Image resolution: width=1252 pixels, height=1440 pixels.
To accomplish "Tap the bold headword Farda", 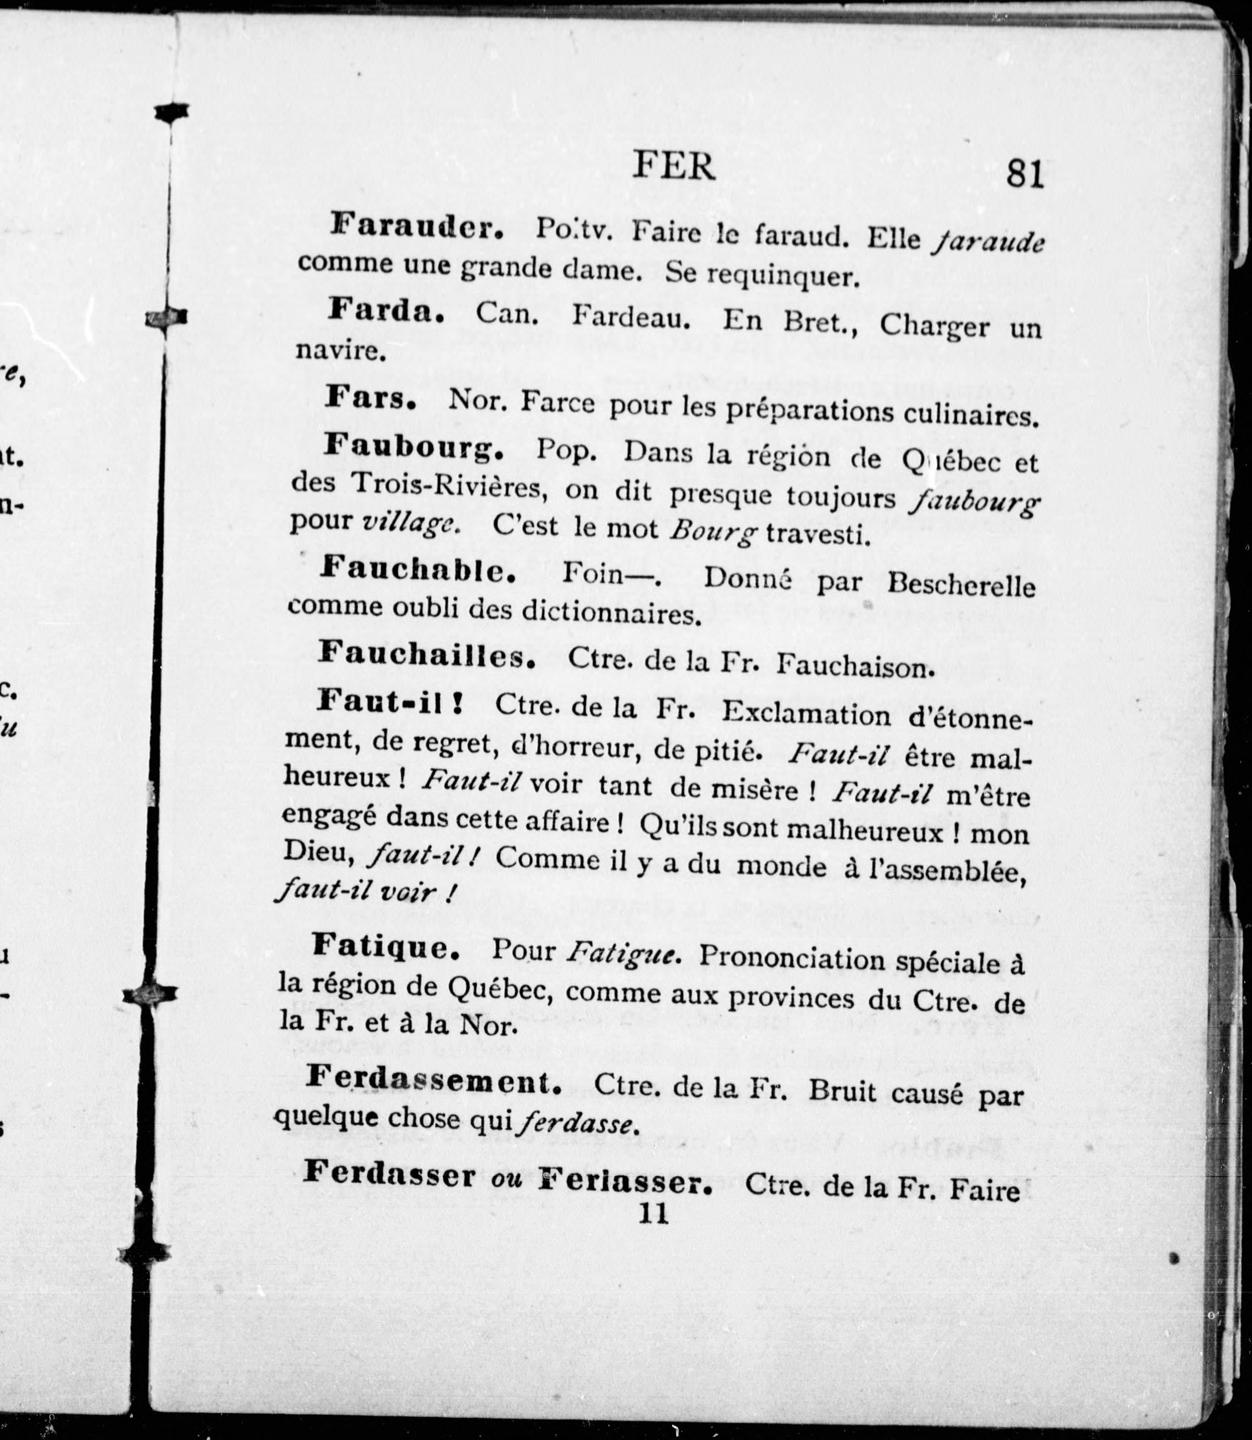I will point(385,311).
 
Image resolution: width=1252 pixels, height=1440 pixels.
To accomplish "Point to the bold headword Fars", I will point(371,399).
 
